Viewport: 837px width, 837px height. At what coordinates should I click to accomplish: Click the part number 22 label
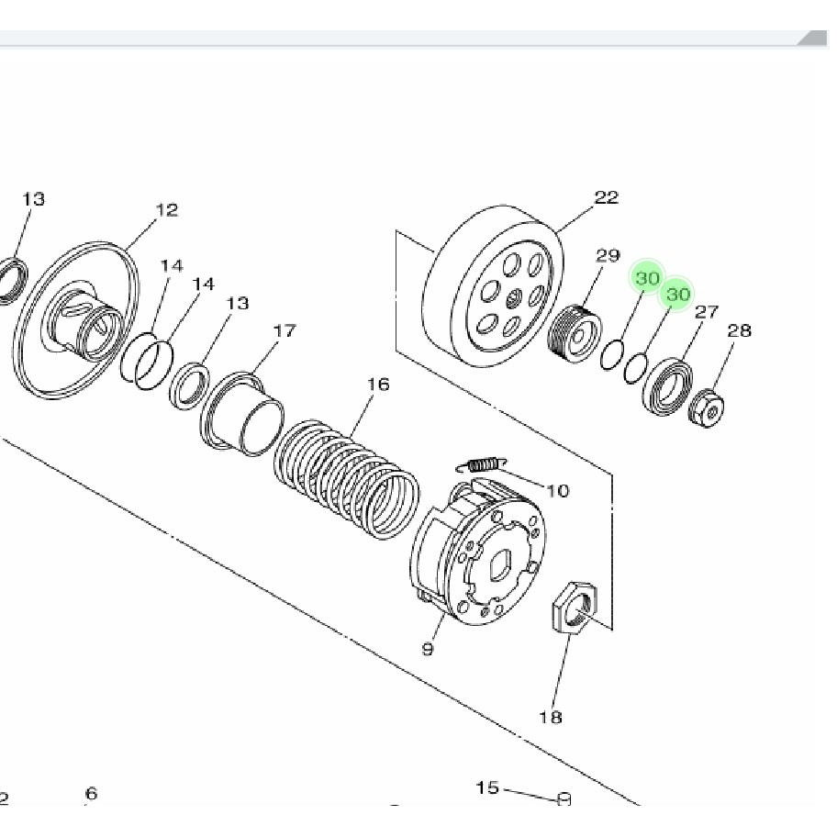tap(607, 197)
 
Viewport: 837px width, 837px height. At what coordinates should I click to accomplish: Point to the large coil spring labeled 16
tap(349, 477)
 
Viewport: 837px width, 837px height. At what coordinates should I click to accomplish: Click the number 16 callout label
tap(378, 385)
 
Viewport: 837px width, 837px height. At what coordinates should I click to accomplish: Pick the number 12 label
tap(166, 210)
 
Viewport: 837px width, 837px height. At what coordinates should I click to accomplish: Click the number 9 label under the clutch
tap(427, 650)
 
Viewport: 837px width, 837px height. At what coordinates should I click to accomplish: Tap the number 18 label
tap(551, 718)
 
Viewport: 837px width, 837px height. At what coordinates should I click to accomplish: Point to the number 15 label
tap(487, 788)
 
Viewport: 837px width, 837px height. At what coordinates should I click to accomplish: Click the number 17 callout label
tap(285, 330)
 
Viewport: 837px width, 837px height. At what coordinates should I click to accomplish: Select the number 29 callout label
tap(608, 256)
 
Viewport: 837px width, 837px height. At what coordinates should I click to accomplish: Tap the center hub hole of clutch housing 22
tap(513, 296)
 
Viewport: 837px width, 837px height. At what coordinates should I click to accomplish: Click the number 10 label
tap(557, 491)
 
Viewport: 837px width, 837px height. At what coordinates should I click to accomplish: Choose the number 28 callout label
tap(739, 330)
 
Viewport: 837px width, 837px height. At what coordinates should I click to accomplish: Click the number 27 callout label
tap(705, 312)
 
